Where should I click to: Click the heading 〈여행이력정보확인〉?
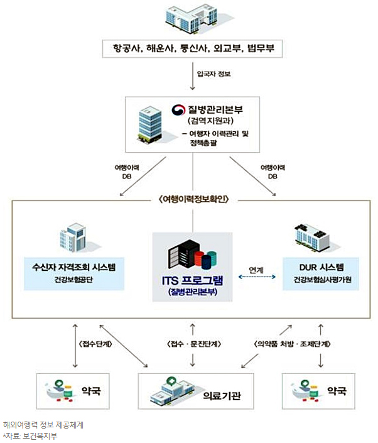tap(192, 201)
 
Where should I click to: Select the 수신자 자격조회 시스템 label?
tap(73, 266)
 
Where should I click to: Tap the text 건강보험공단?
tap(73, 280)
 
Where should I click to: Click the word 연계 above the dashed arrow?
tap(256, 270)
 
